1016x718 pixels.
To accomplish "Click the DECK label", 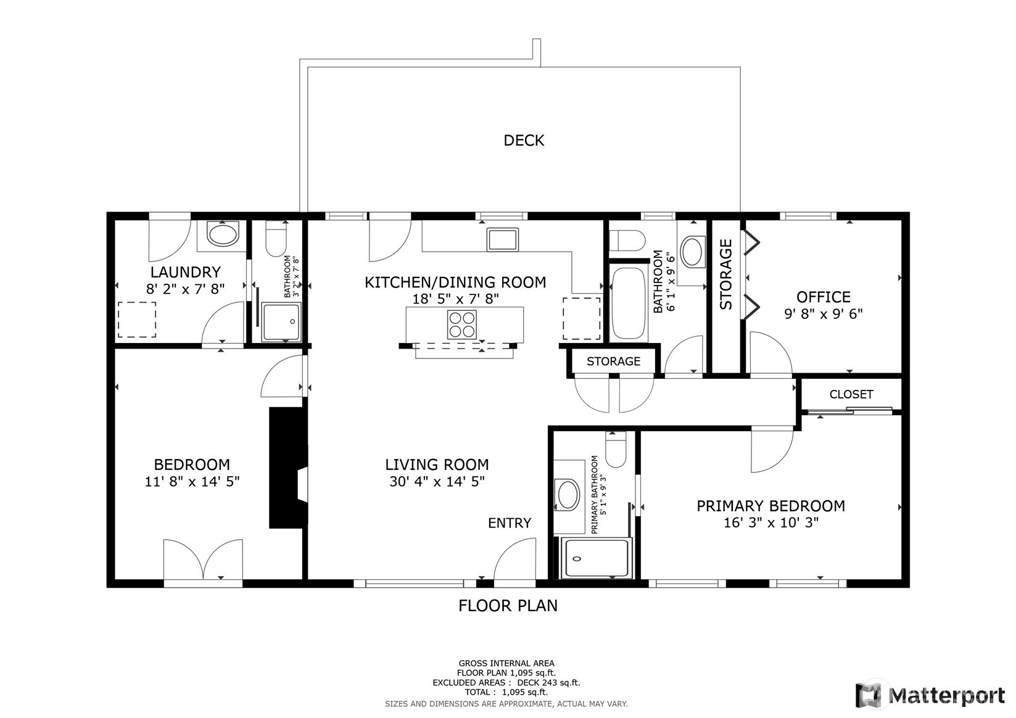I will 524,141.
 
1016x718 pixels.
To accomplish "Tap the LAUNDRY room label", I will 185,272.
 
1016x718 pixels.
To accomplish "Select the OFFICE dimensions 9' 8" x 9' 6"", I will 823,314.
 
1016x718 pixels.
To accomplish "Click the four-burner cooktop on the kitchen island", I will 461,324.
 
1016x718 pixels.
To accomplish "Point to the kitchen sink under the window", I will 502,239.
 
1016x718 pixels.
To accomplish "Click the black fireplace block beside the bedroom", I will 287,468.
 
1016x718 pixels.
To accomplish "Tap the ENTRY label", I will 509,523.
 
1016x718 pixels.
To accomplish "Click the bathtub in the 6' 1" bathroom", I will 628,303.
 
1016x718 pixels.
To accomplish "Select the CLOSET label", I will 851,394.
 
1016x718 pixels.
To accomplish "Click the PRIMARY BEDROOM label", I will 770,506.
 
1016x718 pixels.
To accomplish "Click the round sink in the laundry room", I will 221,236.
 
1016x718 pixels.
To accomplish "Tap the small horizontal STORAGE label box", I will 613,361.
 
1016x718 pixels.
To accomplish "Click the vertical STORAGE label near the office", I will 726,274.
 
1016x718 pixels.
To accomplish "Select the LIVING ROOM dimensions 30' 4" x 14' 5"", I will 437,482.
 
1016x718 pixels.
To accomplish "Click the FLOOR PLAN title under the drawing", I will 507,606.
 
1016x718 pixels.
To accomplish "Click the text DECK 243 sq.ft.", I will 548,683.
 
